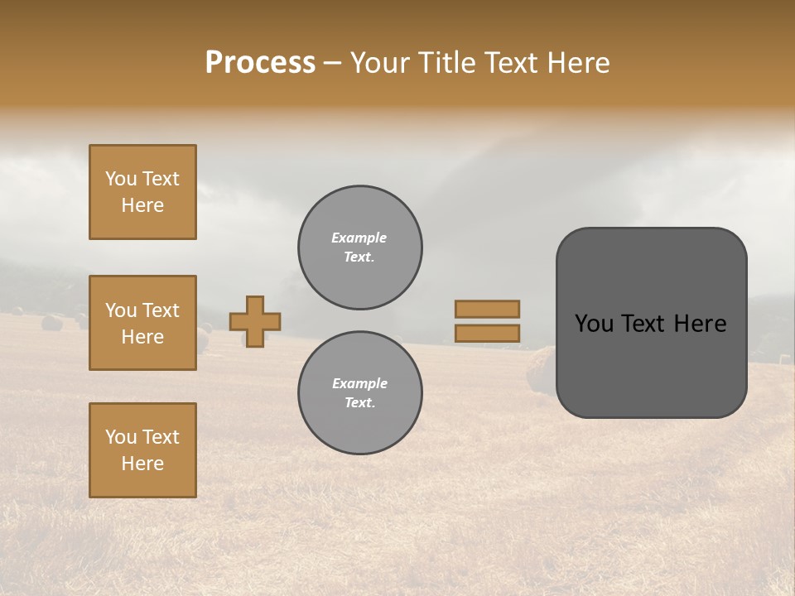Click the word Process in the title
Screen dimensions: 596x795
click(x=260, y=63)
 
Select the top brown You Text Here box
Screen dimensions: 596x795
click(x=142, y=192)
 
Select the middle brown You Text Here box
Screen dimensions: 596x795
click(x=142, y=323)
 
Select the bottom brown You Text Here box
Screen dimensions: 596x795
click(x=142, y=450)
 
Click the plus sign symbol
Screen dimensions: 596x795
click(x=255, y=321)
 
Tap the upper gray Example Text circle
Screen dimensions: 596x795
click(x=359, y=248)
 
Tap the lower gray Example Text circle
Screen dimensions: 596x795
click(x=359, y=393)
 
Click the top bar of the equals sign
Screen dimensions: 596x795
click(x=487, y=309)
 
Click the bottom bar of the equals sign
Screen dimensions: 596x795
click(x=487, y=333)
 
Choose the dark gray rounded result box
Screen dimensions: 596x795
click(x=651, y=323)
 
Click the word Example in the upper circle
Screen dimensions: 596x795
click(x=359, y=238)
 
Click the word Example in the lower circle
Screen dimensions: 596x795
click(x=359, y=383)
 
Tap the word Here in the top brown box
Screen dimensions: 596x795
click(x=142, y=205)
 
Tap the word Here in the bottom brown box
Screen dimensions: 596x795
click(x=142, y=464)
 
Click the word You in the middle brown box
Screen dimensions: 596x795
click(x=121, y=310)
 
